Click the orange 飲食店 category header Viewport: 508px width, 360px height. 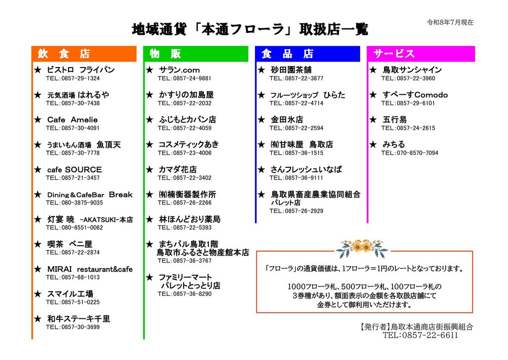point(84,54)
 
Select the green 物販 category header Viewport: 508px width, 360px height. point(195,54)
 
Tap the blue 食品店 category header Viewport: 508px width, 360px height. point(308,54)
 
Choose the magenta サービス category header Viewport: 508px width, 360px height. point(421,54)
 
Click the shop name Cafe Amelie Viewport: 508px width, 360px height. point(72,120)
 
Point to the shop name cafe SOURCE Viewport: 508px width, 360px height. point(74,170)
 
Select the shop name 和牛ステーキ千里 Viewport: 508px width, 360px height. point(78,319)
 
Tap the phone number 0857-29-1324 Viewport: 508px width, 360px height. point(80,78)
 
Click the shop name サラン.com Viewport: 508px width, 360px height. point(179,70)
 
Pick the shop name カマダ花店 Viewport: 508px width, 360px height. point(178,170)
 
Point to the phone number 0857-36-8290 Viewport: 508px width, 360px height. point(192,294)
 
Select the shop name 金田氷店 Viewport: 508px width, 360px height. point(287,120)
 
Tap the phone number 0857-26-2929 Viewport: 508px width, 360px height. point(304,211)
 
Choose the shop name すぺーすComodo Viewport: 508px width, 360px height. point(415,95)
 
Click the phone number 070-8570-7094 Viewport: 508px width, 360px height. point(417,153)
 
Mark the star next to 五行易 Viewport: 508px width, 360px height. point(373,120)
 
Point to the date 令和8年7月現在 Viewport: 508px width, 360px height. point(450,22)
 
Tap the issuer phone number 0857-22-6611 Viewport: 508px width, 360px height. point(430,335)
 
